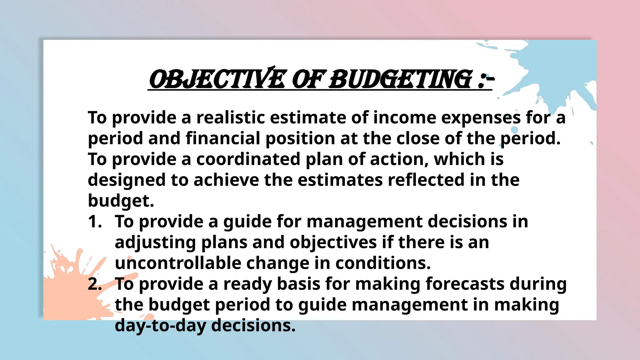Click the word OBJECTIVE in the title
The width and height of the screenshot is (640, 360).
tap(217, 79)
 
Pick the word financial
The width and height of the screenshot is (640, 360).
tap(223, 138)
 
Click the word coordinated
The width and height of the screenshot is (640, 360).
tap(248, 159)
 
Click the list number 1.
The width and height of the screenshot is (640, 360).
tap(95, 222)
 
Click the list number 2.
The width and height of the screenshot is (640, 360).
tap(95, 284)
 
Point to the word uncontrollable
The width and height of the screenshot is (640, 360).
tap(178, 263)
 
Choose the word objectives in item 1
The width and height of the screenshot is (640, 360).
tap(333, 242)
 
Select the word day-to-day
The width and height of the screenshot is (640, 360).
tap(160, 326)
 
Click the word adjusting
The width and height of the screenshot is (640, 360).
tap(155, 242)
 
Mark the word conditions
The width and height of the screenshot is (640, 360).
tap(383, 263)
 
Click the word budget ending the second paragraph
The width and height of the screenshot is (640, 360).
tap(121, 201)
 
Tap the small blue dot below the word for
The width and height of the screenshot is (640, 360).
tap(514, 129)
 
